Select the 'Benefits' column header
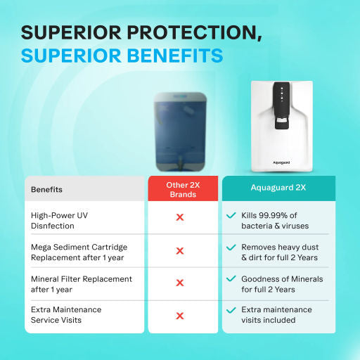click(46, 189)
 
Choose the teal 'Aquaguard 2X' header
click(278, 188)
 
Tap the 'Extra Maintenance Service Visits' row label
click(66, 315)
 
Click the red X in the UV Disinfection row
click(180, 218)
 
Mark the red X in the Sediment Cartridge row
click(180, 251)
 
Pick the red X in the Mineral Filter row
click(180, 283)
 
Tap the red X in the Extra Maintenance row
click(180, 316)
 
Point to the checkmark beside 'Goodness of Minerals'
click(231, 278)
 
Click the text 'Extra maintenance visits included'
click(276, 315)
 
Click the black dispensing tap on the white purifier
click(281, 127)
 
